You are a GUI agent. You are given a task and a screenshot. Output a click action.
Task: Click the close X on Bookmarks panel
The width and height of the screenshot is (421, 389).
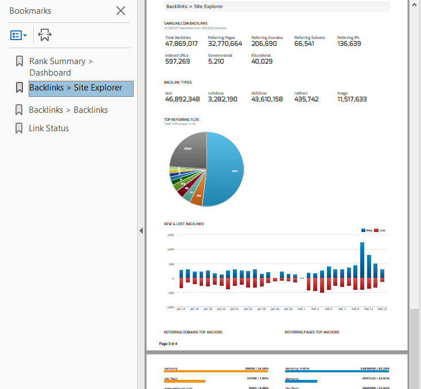(x=120, y=10)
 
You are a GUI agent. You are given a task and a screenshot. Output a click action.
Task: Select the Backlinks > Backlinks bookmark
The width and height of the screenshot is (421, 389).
(x=68, y=110)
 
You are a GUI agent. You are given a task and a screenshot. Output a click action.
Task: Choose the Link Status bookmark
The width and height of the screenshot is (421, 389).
(x=49, y=128)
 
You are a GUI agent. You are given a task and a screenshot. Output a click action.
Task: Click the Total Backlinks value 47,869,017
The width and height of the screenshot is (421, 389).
(x=181, y=44)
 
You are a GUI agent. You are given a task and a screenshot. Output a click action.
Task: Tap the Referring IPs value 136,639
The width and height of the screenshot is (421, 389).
(x=349, y=44)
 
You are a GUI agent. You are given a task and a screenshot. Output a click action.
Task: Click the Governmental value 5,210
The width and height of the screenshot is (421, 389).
(x=216, y=61)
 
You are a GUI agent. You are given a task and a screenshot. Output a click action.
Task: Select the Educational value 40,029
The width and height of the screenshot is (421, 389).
(x=262, y=61)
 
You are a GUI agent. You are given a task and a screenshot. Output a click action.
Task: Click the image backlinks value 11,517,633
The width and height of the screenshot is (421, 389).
(x=352, y=99)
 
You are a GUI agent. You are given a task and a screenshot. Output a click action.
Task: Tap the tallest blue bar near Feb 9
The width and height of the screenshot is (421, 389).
(x=362, y=260)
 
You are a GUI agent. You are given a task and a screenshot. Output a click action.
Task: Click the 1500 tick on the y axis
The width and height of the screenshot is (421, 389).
(x=170, y=235)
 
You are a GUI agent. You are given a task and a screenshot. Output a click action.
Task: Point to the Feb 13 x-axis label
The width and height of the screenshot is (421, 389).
(x=381, y=309)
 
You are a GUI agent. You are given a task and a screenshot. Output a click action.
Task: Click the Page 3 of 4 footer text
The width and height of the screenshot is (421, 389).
(x=168, y=344)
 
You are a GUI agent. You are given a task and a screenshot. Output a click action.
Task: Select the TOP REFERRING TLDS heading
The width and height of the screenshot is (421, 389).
(x=181, y=120)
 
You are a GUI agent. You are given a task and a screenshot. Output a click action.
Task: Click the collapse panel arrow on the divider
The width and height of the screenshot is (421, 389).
(x=141, y=230)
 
